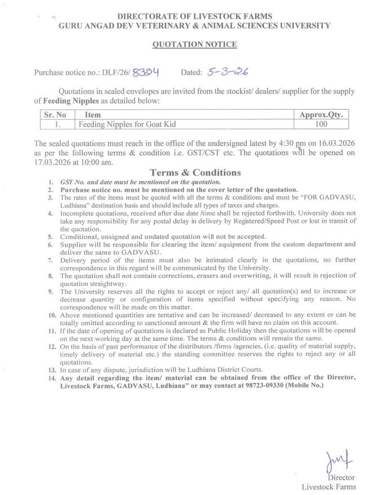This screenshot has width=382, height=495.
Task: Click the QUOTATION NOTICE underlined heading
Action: (195, 45)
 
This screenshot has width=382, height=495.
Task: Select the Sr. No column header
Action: (55, 114)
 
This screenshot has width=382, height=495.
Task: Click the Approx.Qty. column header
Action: (321, 114)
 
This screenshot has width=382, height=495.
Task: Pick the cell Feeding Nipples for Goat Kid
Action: (120, 123)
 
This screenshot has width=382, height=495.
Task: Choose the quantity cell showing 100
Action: (321, 123)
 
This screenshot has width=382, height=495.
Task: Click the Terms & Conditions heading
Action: (195, 173)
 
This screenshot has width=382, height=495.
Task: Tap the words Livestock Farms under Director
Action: (329, 487)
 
